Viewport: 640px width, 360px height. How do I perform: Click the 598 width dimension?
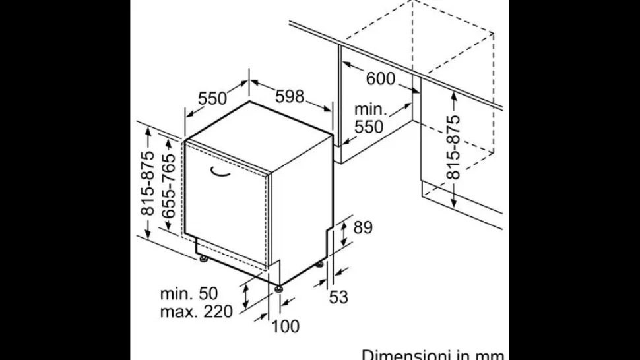(x=290, y=96)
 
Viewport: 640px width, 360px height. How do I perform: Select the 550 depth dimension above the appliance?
(x=212, y=98)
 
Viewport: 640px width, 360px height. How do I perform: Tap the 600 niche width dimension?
(x=381, y=78)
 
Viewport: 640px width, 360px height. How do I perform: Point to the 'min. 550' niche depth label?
(x=369, y=118)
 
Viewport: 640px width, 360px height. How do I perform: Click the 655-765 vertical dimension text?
(x=168, y=186)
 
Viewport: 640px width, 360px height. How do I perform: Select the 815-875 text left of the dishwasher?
(x=147, y=183)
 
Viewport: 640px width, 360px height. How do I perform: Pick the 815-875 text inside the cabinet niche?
(x=453, y=147)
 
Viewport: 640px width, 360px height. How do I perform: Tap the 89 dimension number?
(x=363, y=227)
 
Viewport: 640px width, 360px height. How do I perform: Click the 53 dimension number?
(x=338, y=297)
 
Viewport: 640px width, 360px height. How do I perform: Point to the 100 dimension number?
(x=285, y=326)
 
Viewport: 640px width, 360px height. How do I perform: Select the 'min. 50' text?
(x=189, y=293)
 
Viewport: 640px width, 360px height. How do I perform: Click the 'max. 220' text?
(x=197, y=312)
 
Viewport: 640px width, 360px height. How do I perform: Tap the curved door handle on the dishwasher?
(x=220, y=173)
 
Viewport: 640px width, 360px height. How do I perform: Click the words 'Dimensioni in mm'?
(x=433, y=355)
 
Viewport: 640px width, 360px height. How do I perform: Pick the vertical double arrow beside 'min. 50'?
(x=245, y=297)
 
